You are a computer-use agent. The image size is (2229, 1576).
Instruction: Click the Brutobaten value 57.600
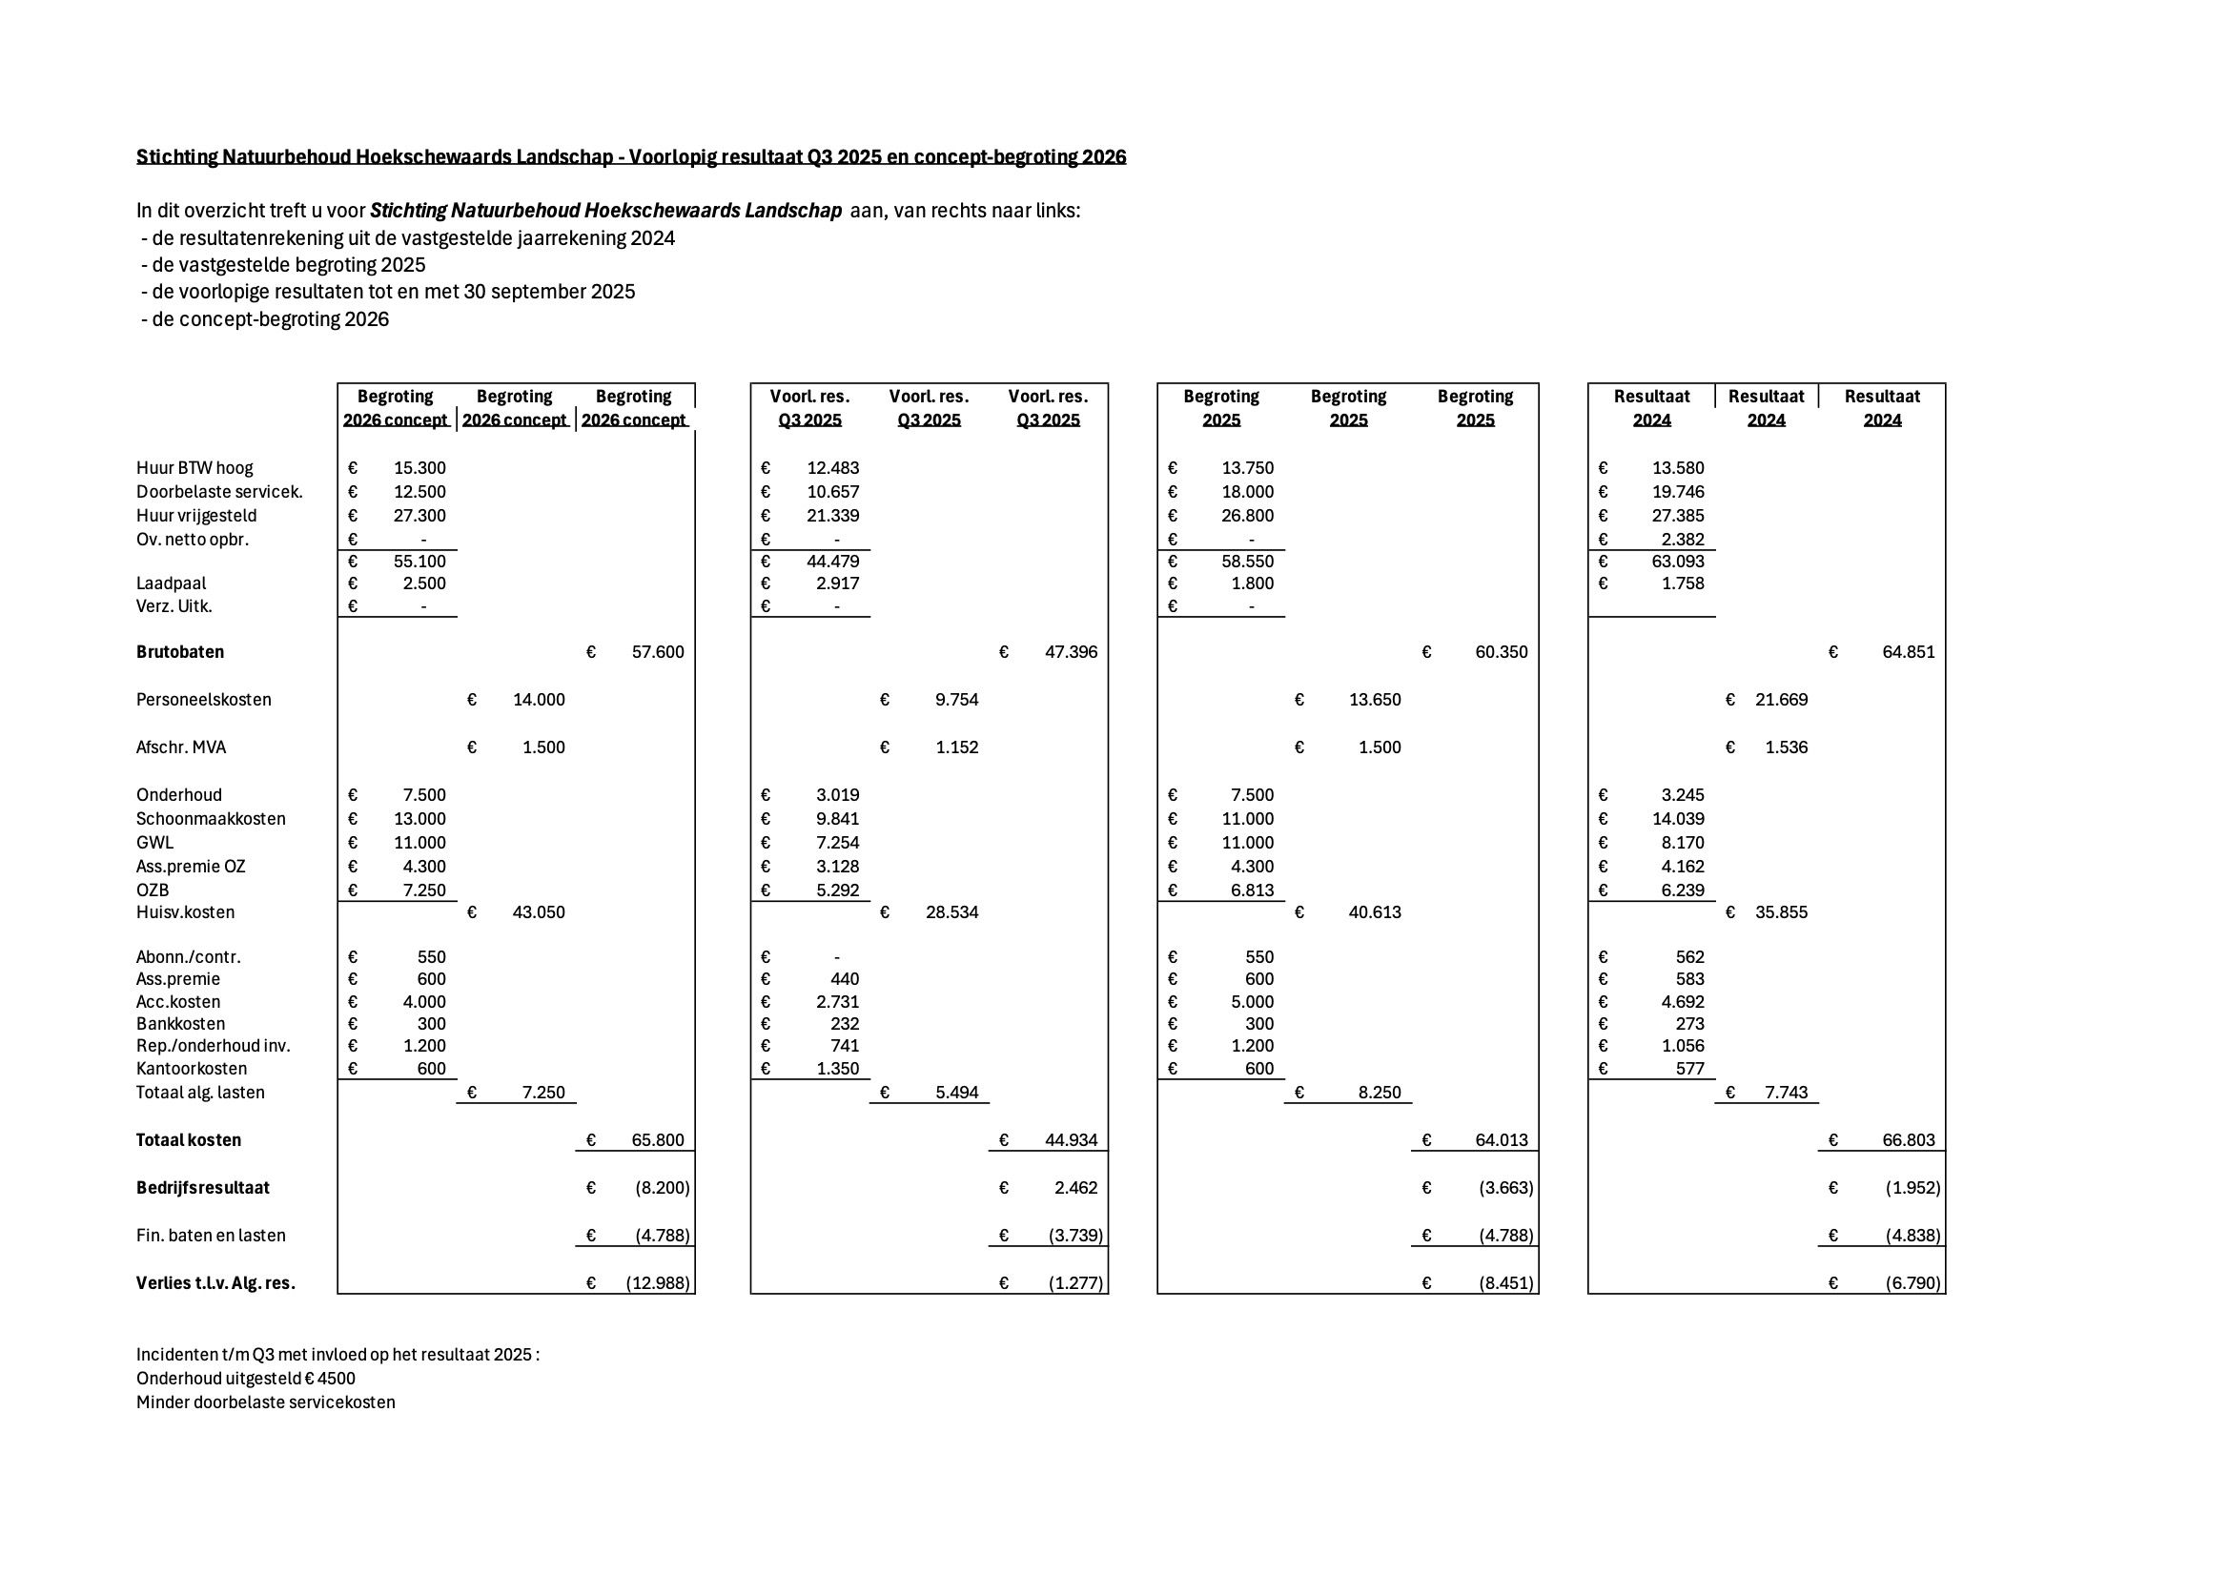click(x=657, y=651)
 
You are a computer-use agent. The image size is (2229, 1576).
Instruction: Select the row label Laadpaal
click(x=171, y=583)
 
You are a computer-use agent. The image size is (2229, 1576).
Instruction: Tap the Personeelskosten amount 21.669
click(x=1781, y=699)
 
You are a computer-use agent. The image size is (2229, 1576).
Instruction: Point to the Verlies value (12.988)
click(x=657, y=1282)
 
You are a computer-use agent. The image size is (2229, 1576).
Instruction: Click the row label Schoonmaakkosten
click(x=211, y=819)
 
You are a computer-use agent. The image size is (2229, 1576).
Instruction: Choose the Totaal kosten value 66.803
click(x=1908, y=1140)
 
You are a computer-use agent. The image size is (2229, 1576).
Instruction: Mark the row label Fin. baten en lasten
click(x=211, y=1236)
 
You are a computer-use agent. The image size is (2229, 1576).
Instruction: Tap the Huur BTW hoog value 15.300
click(x=419, y=468)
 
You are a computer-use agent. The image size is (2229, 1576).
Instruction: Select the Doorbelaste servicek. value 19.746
click(x=1678, y=491)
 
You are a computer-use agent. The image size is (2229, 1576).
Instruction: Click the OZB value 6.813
click(x=1248, y=890)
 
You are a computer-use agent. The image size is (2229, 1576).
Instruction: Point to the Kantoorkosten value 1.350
click(x=835, y=1068)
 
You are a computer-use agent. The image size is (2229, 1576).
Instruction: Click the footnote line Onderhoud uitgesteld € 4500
click(x=246, y=1379)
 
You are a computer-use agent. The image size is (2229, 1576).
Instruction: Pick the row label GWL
click(x=155, y=843)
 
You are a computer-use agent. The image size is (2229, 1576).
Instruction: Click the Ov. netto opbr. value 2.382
click(x=1678, y=539)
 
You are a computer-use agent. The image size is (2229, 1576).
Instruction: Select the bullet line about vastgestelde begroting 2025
click(x=287, y=265)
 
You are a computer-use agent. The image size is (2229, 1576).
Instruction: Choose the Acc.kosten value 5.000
click(x=1248, y=1001)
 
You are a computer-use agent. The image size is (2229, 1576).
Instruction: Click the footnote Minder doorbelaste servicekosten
click(x=265, y=1402)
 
